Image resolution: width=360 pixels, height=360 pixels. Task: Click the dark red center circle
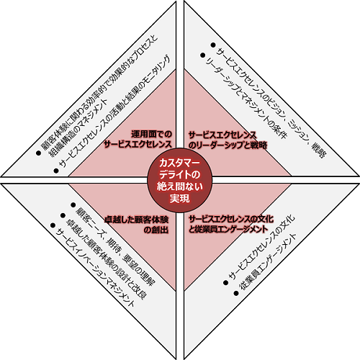(180, 180)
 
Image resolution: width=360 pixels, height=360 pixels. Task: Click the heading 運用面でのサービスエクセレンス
(138, 139)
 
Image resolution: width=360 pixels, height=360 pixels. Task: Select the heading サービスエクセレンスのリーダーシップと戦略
(228, 140)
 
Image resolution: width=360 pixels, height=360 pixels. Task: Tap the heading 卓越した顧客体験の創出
(137, 225)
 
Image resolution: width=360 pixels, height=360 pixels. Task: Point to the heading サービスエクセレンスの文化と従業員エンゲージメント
(231, 224)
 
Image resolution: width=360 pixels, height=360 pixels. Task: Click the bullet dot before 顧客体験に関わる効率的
(38, 153)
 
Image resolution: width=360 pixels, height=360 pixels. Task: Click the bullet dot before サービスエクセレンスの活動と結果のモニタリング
(56, 171)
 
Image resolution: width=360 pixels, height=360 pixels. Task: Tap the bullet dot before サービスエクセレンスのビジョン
(212, 45)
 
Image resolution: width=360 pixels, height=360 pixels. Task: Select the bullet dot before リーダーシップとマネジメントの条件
(203, 55)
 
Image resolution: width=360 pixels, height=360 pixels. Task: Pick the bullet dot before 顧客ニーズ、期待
(73, 204)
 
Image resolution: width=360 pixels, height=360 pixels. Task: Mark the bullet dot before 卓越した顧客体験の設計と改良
(63, 215)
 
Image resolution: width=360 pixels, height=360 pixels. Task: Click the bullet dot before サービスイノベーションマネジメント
(53, 225)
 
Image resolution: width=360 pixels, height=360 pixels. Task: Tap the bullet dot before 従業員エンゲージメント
(236, 293)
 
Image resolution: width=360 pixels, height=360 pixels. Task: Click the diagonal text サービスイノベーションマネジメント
(95, 267)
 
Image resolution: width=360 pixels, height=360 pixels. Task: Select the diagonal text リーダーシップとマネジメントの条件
(246, 99)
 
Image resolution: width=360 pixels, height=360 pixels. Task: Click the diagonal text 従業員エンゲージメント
(268, 262)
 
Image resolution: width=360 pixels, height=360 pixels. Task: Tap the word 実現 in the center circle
(180, 198)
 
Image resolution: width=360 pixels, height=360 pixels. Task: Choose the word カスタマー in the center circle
(179, 163)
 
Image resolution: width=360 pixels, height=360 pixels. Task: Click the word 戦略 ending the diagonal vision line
(318, 150)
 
